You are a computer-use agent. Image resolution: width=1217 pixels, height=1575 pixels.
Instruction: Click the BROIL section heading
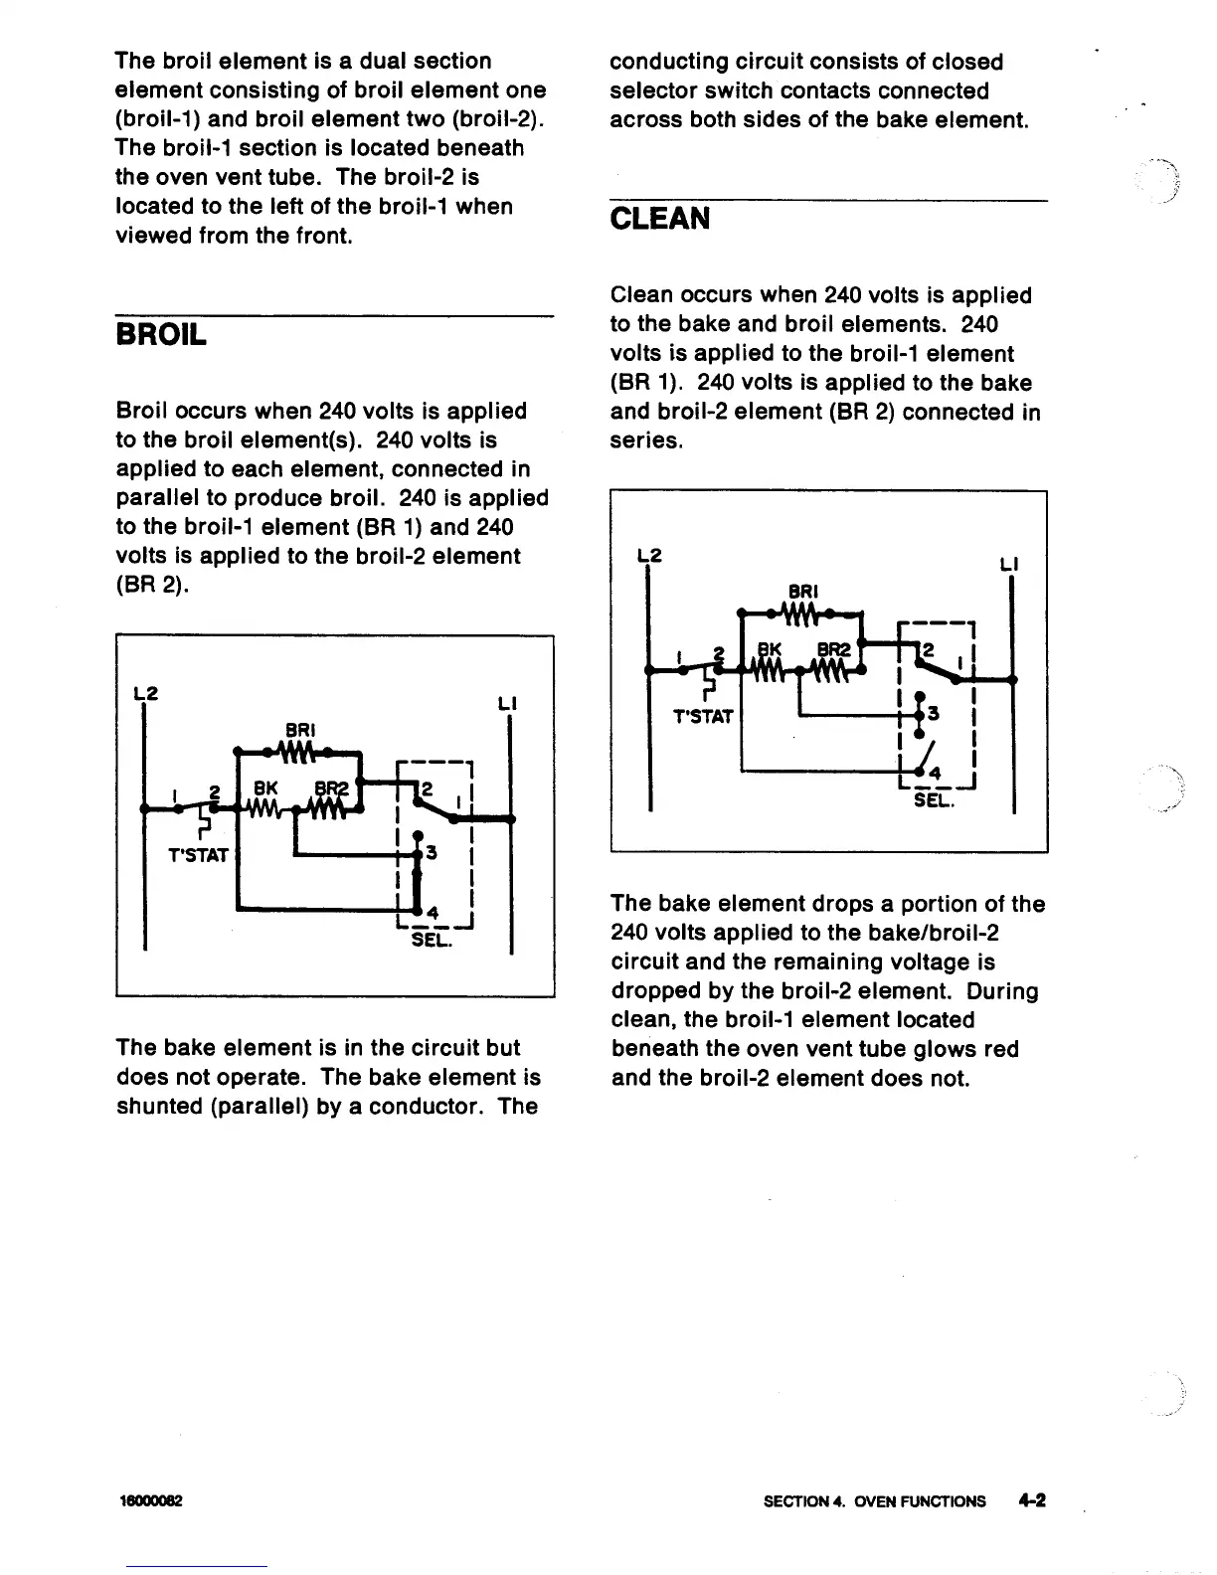pos(161,334)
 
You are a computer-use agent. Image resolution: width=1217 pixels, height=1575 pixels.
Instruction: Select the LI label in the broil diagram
pos(507,705)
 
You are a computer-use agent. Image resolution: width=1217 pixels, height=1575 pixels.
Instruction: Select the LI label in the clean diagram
pos(1008,564)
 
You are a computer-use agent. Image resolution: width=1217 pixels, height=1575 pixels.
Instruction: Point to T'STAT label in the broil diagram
pos(199,855)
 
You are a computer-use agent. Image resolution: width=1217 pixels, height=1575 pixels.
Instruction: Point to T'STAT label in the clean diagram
pos(702,716)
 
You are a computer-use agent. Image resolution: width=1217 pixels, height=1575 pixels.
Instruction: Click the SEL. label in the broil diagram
pos(432,939)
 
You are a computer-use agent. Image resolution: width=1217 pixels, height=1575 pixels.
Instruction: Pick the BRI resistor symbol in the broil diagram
pos(297,750)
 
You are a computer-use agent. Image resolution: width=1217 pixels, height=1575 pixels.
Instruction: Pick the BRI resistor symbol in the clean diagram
pos(801,612)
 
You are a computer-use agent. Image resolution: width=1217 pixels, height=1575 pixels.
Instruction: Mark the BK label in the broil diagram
pos(265,788)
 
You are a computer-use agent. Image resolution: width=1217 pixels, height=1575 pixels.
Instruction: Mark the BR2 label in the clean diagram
pos(834,650)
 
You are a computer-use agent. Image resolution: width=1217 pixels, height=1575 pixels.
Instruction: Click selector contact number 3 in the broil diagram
pos(432,854)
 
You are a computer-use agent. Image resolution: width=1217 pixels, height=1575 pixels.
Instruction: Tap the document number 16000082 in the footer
pos(154,1501)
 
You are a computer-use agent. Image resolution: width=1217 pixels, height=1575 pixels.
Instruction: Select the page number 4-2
pos(1032,1500)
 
